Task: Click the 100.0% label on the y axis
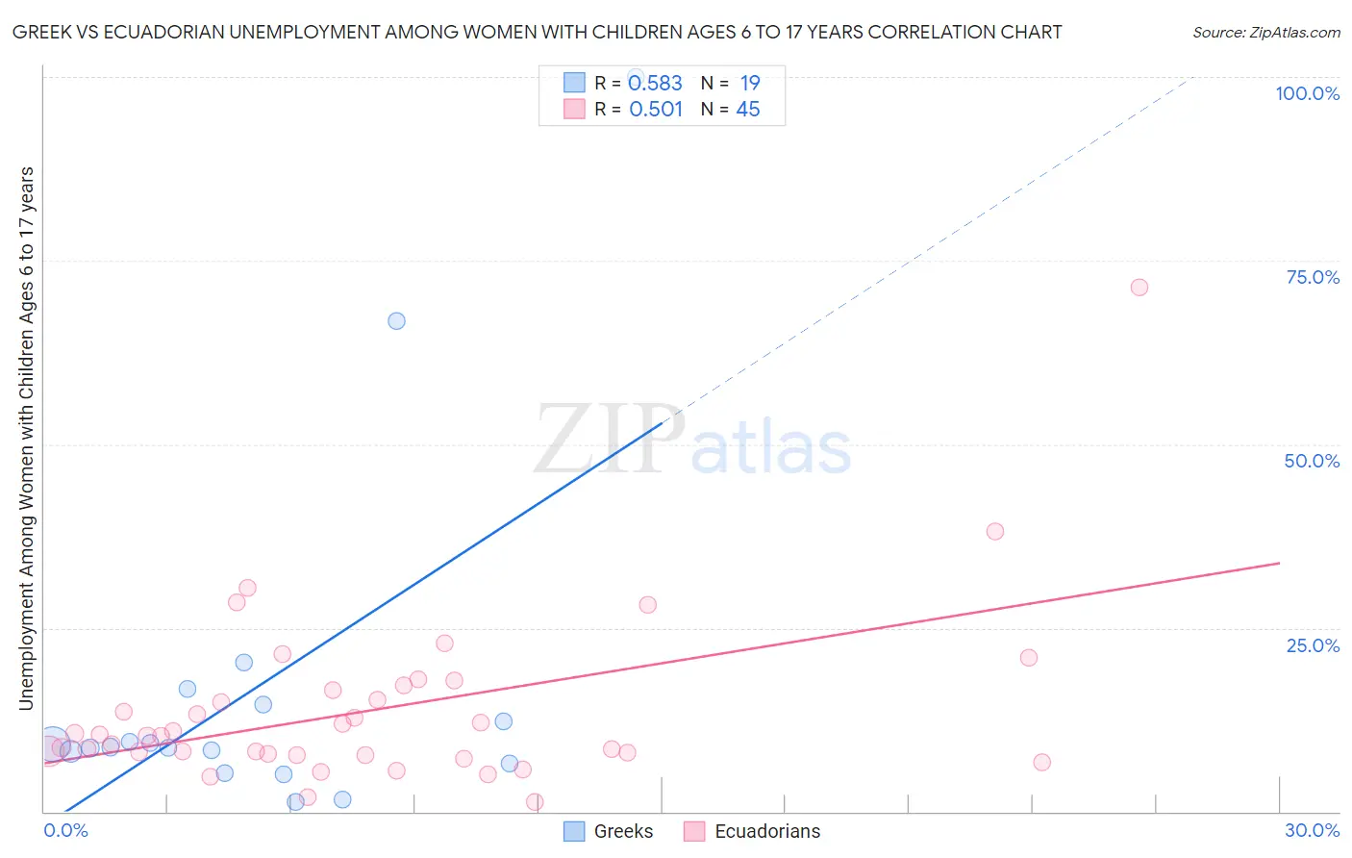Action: (x=1307, y=93)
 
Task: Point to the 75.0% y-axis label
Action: (x=1313, y=277)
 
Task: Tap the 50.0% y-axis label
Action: (x=1312, y=461)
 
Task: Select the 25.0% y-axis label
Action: (x=1313, y=645)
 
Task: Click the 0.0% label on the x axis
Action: (x=65, y=830)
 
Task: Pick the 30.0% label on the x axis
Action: (x=1312, y=830)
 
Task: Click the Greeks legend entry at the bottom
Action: (x=622, y=831)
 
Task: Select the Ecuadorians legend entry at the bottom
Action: (x=766, y=831)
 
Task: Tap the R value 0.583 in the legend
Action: (x=655, y=84)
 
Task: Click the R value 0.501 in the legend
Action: (x=655, y=110)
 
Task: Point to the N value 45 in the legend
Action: (x=747, y=110)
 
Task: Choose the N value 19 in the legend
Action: (x=749, y=84)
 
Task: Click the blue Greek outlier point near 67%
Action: (x=396, y=321)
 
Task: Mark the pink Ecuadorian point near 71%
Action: (x=1139, y=287)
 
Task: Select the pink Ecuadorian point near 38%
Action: (x=995, y=531)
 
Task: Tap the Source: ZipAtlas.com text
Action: (x=1265, y=32)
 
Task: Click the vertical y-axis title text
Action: (x=26, y=438)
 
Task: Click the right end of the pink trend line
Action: (x=1279, y=563)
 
